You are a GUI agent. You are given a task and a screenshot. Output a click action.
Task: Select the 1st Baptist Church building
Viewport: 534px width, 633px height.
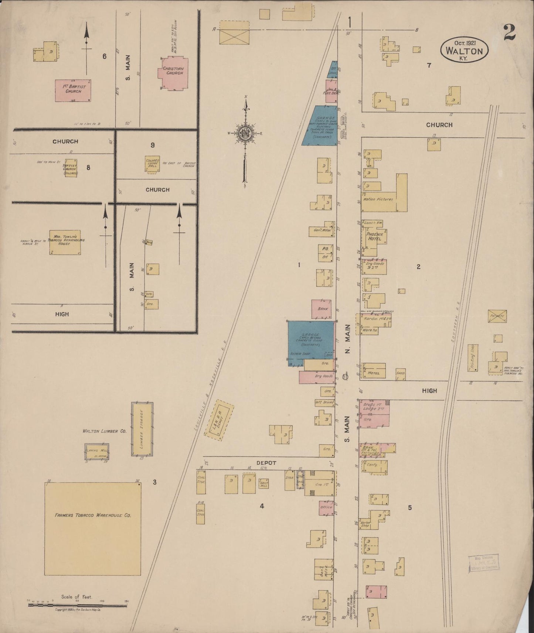click(x=73, y=90)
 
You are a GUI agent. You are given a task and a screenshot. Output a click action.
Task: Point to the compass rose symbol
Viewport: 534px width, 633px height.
click(x=244, y=134)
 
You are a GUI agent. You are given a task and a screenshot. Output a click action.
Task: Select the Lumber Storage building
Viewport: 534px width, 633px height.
click(x=142, y=429)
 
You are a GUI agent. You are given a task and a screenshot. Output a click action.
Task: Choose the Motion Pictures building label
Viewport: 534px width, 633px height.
click(x=378, y=199)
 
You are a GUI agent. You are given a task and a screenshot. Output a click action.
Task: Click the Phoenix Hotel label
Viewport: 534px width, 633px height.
click(x=374, y=236)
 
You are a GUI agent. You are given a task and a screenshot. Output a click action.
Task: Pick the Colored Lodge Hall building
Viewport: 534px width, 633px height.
click(x=152, y=164)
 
